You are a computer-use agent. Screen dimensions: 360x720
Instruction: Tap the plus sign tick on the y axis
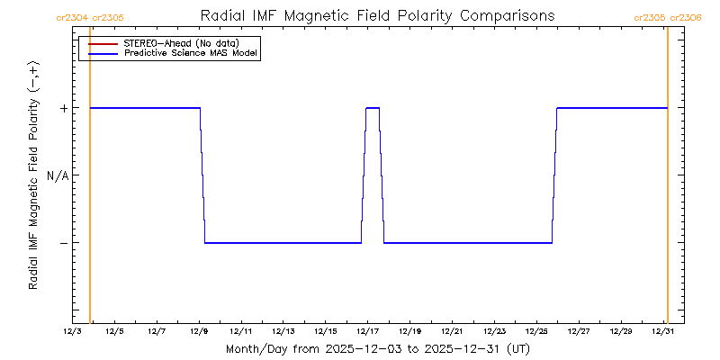63,108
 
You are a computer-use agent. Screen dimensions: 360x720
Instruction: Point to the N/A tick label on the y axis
58,175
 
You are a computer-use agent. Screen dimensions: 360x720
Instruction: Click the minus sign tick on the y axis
63,243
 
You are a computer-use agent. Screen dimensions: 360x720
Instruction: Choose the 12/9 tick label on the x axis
199,332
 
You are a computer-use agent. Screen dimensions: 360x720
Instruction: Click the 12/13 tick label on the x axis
283,332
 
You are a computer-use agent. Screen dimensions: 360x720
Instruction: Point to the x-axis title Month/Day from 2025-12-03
378,348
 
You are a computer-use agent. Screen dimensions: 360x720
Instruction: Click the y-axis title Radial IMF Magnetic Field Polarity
33,175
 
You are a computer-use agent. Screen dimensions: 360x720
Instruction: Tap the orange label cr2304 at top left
72,17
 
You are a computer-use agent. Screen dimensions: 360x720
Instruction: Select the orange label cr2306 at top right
687,17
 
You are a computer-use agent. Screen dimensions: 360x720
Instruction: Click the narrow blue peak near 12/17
373,109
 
